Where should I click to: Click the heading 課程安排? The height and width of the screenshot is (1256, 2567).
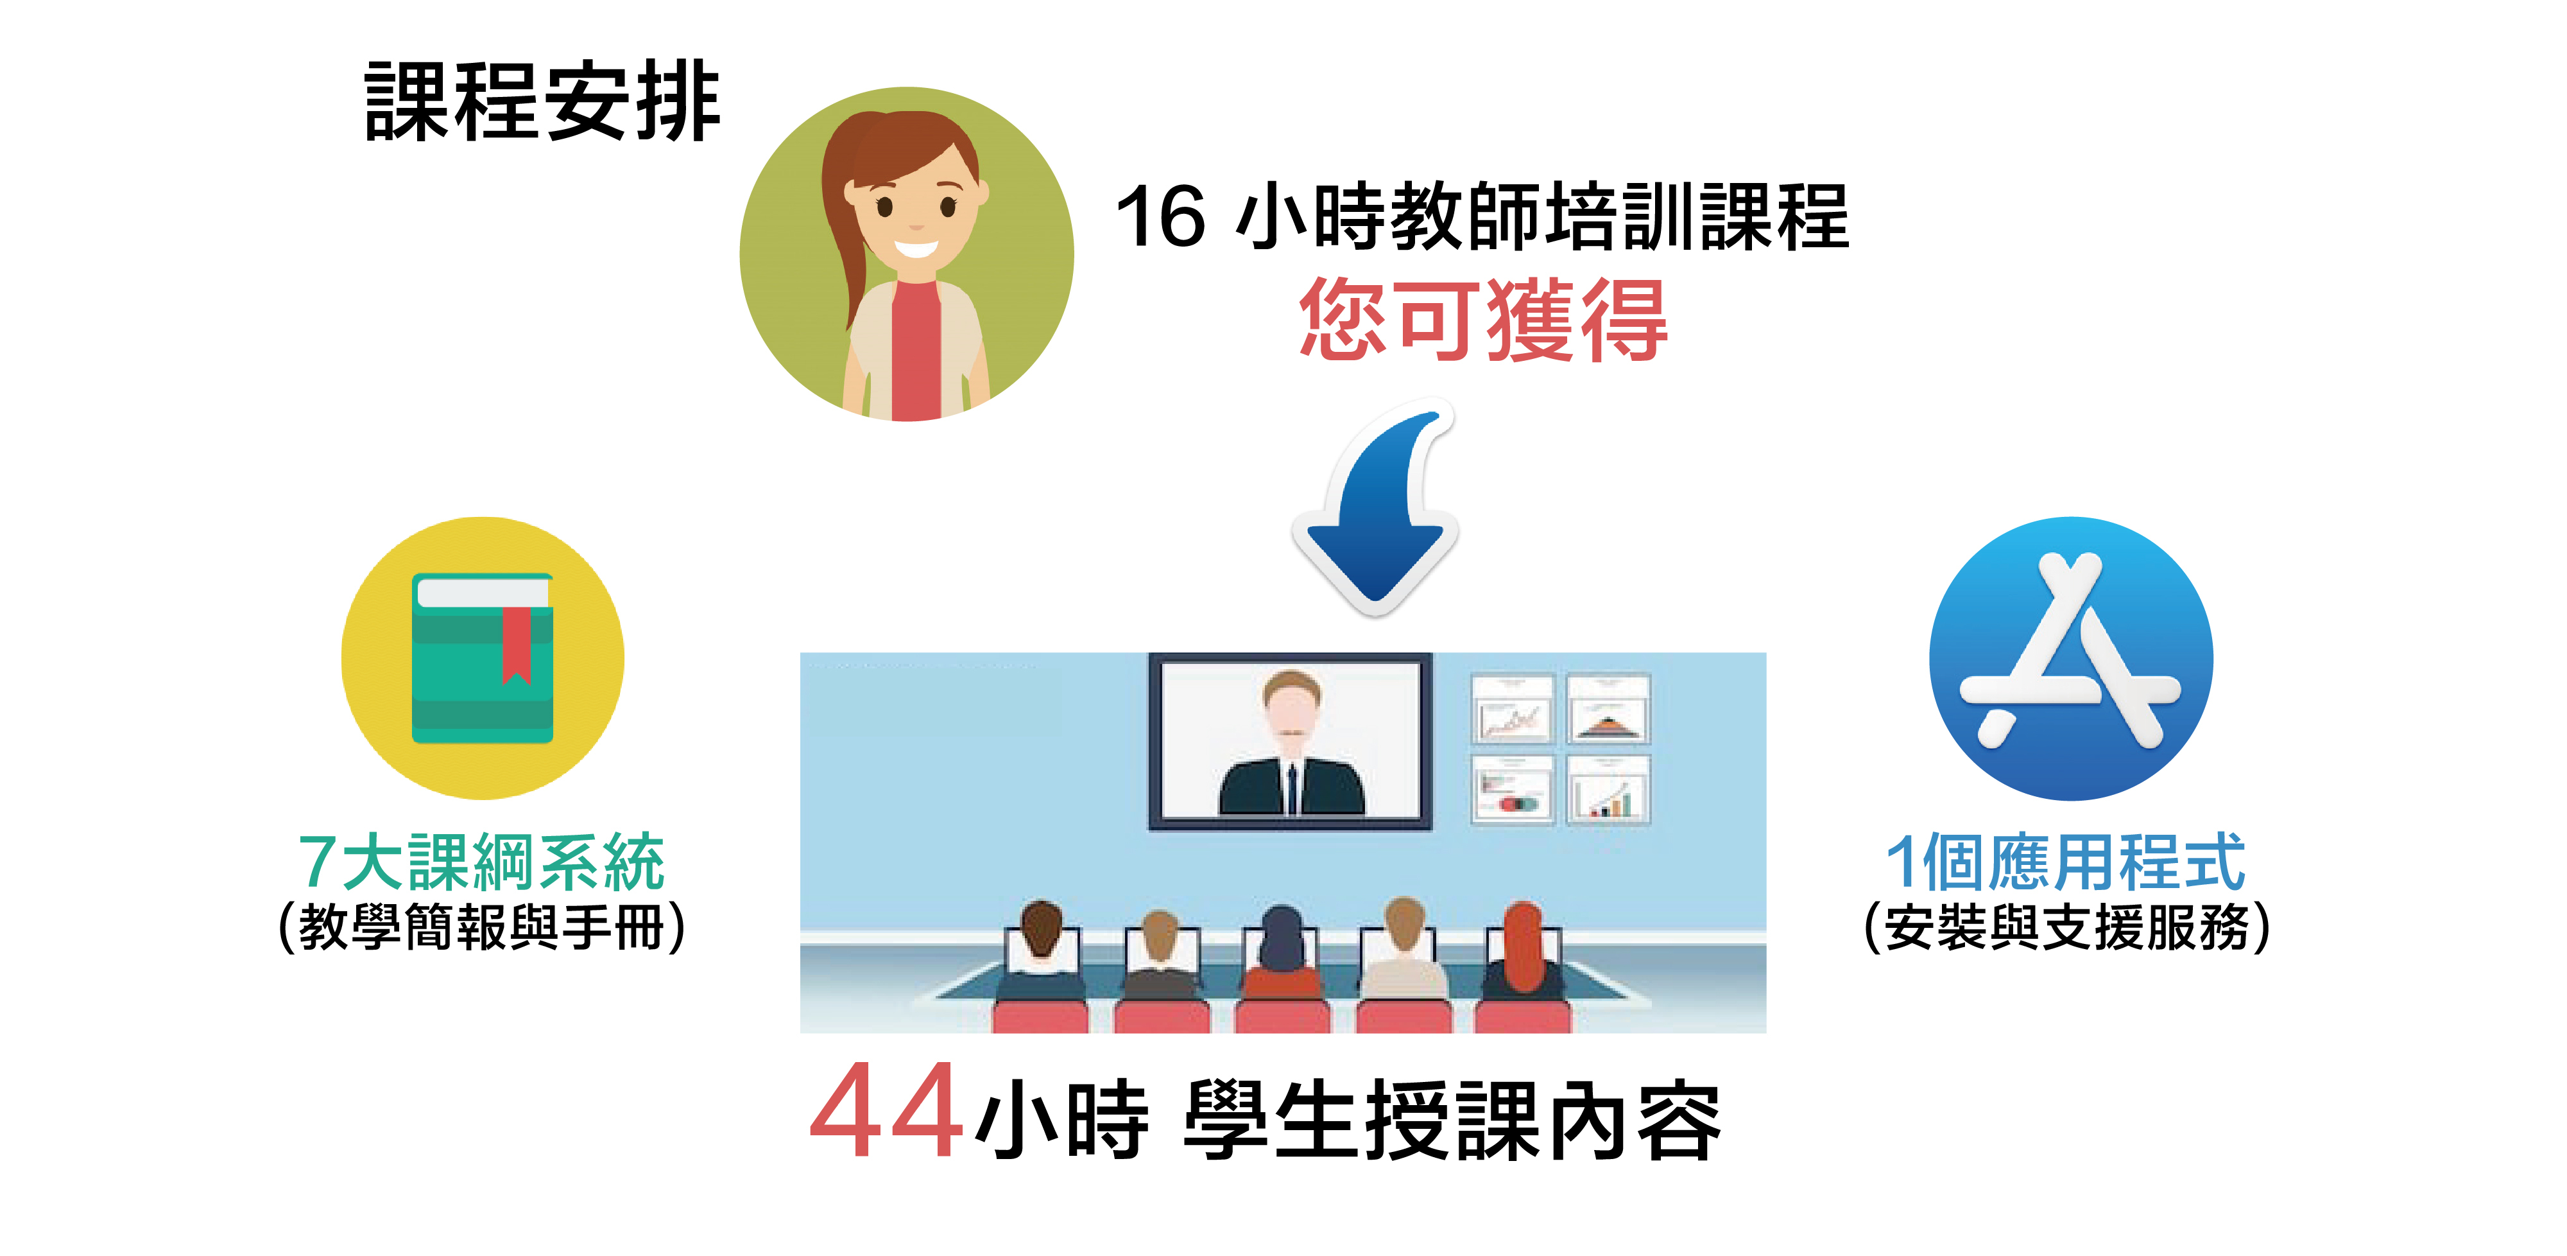[x=542, y=101]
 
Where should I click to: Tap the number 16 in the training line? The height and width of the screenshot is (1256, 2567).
[x=1161, y=216]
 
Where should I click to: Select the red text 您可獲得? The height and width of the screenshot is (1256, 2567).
[x=1484, y=319]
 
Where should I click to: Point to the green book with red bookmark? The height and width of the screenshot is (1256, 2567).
[x=483, y=658]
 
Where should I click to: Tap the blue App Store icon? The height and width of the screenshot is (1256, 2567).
[x=2071, y=658]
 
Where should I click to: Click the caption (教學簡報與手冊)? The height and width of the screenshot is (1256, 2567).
[x=483, y=927]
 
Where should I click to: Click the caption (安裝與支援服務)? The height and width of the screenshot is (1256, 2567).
[x=2068, y=927]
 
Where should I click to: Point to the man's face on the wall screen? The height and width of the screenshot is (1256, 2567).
[x=1291, y=710]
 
